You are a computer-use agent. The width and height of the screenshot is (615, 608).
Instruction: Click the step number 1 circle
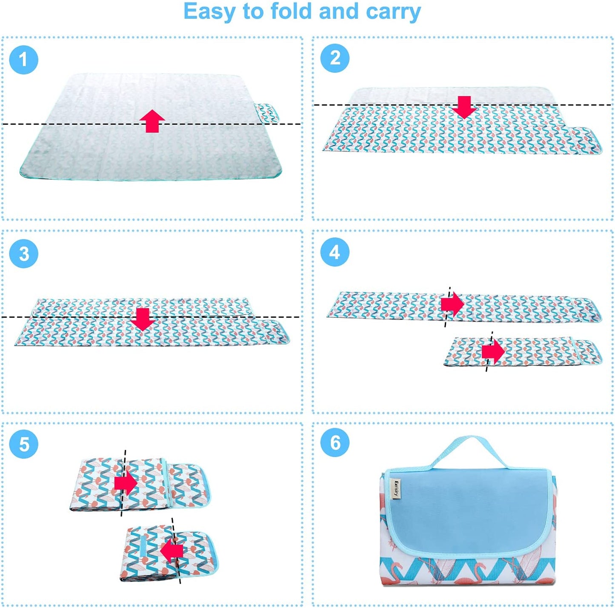[23, 60]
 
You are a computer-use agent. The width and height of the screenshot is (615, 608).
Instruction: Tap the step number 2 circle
[335, 58]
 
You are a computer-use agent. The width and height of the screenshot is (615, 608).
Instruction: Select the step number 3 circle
[23, 254]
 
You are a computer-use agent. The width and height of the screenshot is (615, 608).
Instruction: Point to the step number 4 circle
[335, 252]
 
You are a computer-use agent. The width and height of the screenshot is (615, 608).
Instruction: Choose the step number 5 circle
[23, 444]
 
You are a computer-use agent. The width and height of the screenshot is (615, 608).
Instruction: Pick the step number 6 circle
[335, 442]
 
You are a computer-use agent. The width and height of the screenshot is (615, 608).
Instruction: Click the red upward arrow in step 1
[152, 121]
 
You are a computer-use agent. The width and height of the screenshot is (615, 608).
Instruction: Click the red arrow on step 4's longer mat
[452, 305]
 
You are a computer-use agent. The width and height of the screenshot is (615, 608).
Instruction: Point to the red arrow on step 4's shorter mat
[493, 352]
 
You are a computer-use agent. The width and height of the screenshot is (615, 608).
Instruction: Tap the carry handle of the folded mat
[469, 454]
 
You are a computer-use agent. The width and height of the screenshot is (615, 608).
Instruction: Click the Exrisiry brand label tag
[396, 489]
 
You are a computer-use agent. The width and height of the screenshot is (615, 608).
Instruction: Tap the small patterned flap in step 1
[267, 113]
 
